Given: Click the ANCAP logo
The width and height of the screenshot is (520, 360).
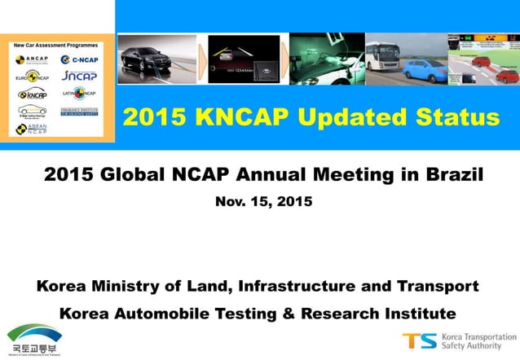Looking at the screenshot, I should coord(32,59).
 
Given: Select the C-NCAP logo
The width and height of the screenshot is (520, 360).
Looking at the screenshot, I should coord(80,59).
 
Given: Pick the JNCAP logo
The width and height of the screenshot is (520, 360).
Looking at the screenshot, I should coord(80,76).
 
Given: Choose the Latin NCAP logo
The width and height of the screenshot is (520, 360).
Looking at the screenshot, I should coord(80,93).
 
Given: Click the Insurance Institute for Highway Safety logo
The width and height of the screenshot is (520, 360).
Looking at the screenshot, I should coord(80,111).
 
